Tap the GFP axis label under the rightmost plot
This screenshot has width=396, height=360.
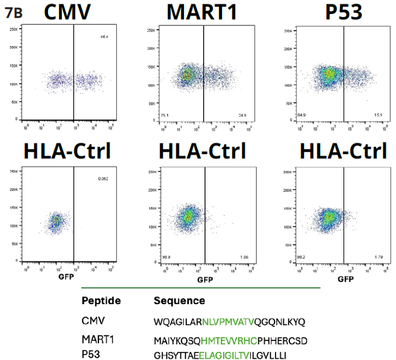[x=345, y=278]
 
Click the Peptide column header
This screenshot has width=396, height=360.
[x=101, y=301]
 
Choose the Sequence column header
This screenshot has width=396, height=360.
[x=179, y=301]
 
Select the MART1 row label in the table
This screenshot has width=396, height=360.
[x=98, y=340]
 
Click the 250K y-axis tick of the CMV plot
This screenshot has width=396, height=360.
[x=14, y=29]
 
